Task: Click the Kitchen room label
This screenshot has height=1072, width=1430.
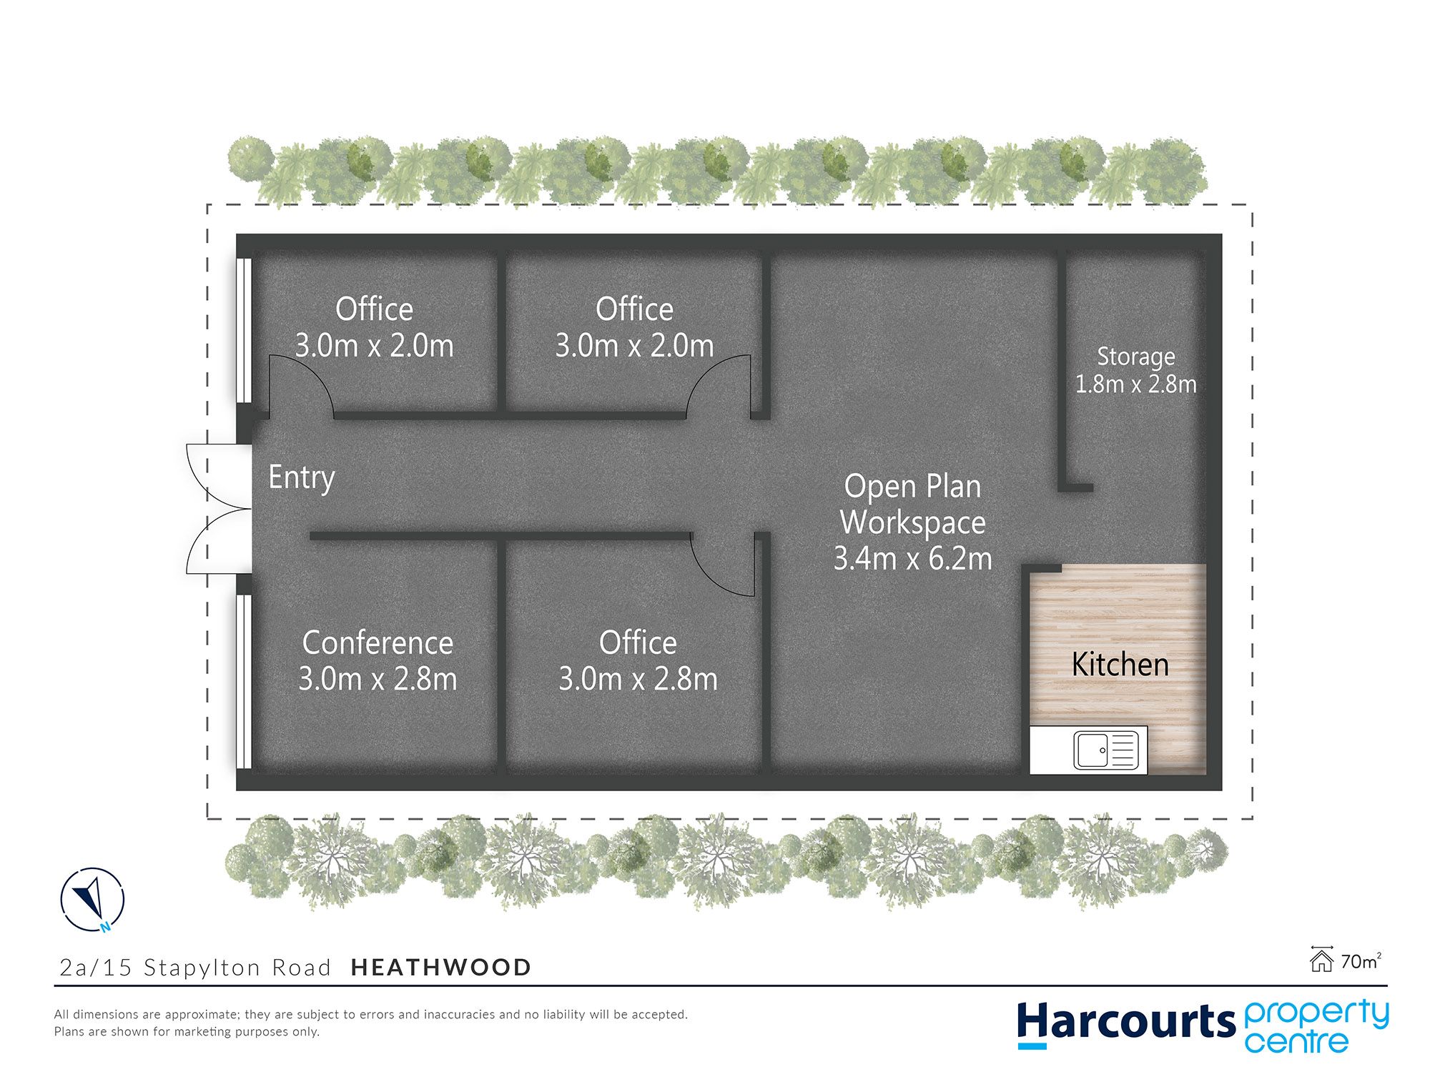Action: pos(1120,665)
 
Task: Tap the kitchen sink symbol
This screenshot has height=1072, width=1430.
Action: pos(1106,750)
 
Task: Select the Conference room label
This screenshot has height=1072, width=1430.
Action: pos(378,642)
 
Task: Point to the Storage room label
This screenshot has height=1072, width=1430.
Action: pos(1135,357)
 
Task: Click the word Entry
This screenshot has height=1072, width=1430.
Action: pos(301,477)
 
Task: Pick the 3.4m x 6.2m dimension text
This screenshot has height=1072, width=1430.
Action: pos(913,558)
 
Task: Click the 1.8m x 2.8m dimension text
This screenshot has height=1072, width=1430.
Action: pos(1135,384)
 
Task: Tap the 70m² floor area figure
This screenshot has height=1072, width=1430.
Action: pos(1361,961)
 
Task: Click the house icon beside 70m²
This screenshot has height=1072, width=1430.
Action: pos(1321,959)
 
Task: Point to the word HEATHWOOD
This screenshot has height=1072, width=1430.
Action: pos(441,968)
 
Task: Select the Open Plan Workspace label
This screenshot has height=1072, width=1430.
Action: pos(913,505)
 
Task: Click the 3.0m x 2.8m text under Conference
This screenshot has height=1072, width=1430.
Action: pos(378,679)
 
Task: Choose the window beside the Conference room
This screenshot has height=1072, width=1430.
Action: pos(244,682)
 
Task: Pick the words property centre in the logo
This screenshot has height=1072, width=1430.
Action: pos(1316,1026)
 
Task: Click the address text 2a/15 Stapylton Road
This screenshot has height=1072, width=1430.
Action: pos(195,968)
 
